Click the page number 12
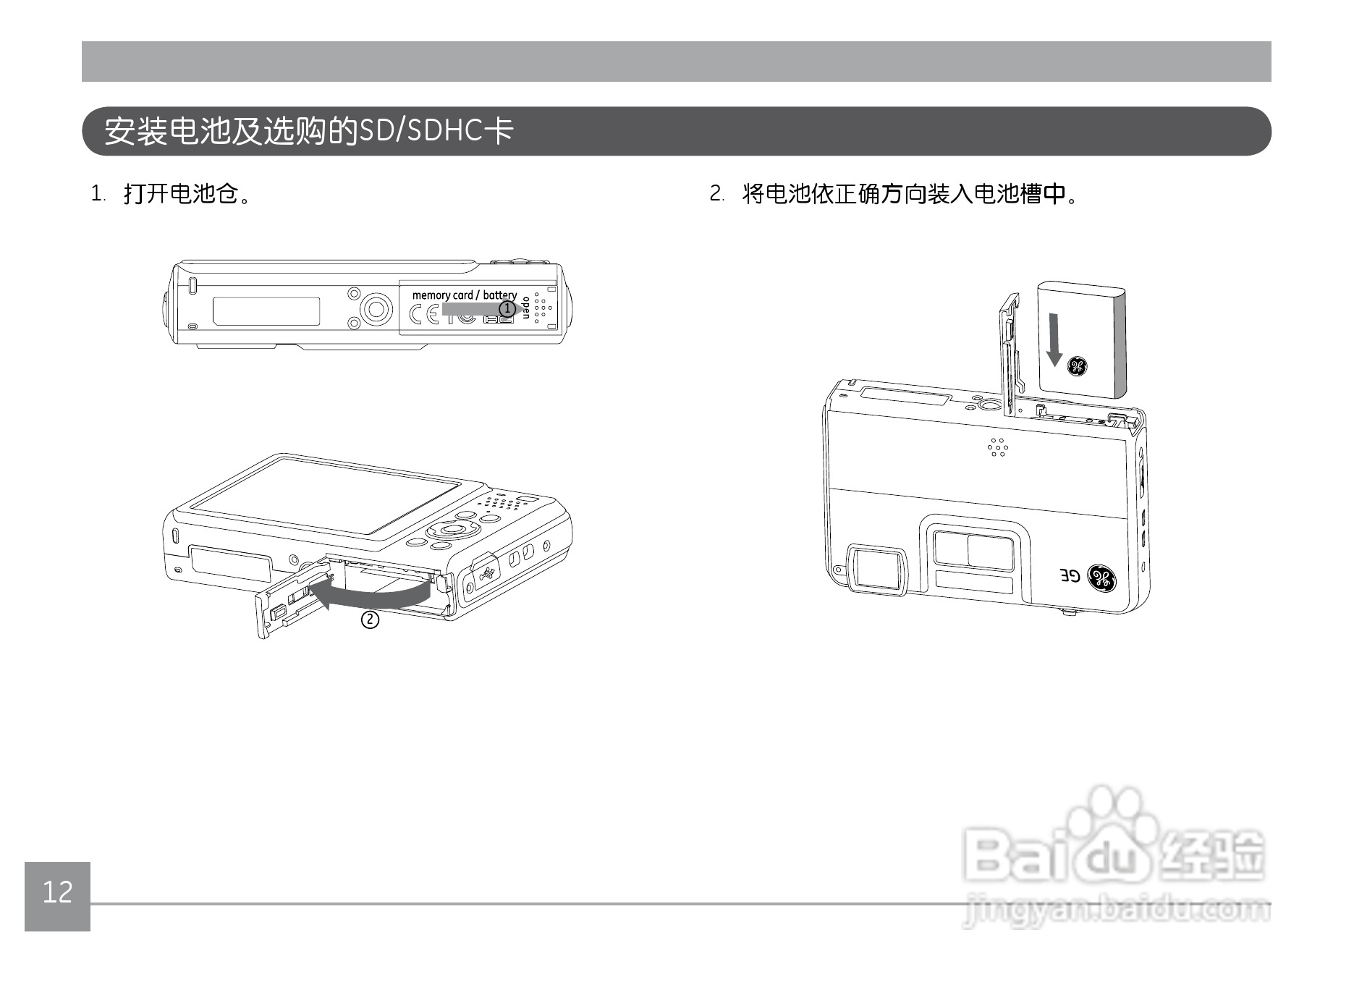coord(57,892)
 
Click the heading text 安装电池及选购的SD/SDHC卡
coord(309,131)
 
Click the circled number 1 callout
coord(508,309)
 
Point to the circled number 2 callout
coord(370,620)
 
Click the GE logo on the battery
coord(1077,366)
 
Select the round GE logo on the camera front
coord(1102,578)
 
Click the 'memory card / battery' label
coord(464,295)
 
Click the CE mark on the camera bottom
coord(423,314)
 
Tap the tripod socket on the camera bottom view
coord(375,310)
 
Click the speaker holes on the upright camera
coord(998,447)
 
